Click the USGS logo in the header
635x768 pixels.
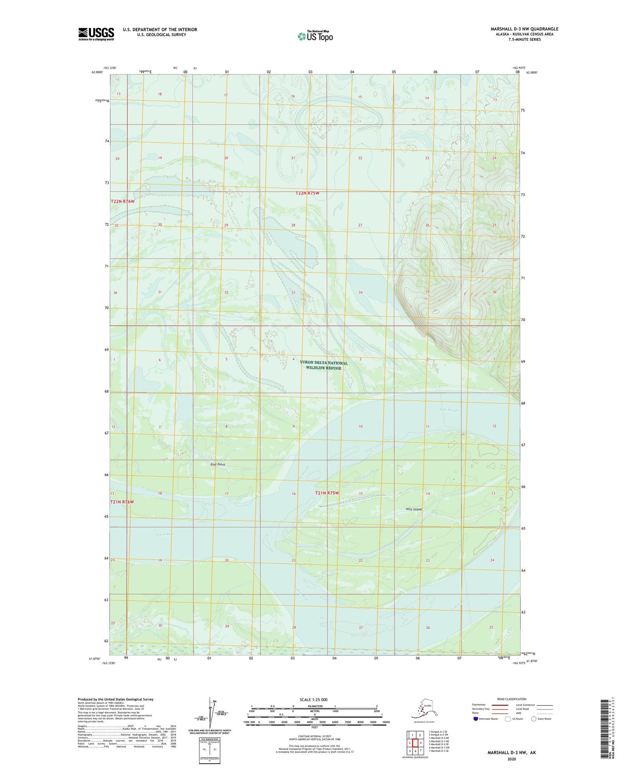[x=96, y=34]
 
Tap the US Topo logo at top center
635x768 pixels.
[x=315, y=36]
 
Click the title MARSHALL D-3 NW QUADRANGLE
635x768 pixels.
[x=524, y=29]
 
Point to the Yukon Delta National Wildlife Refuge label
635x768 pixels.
[x=323, y=366]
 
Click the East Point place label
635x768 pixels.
[x=218, y=464]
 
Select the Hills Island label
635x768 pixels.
[x=413, y=509]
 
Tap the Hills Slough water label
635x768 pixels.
[x=449, y=410]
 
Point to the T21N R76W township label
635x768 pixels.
[x=122, y=502]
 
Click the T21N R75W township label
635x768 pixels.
[x=327, y=493]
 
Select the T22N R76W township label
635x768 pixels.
[x=123, y=201]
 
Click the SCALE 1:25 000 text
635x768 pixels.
[x=313, y=700]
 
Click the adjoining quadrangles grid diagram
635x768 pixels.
[x=415, y=742]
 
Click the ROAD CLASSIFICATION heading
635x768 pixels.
[x=512, y=699]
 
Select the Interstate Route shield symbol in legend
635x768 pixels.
[x=476, y=719]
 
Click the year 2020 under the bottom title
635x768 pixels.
[x=511, y=759]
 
